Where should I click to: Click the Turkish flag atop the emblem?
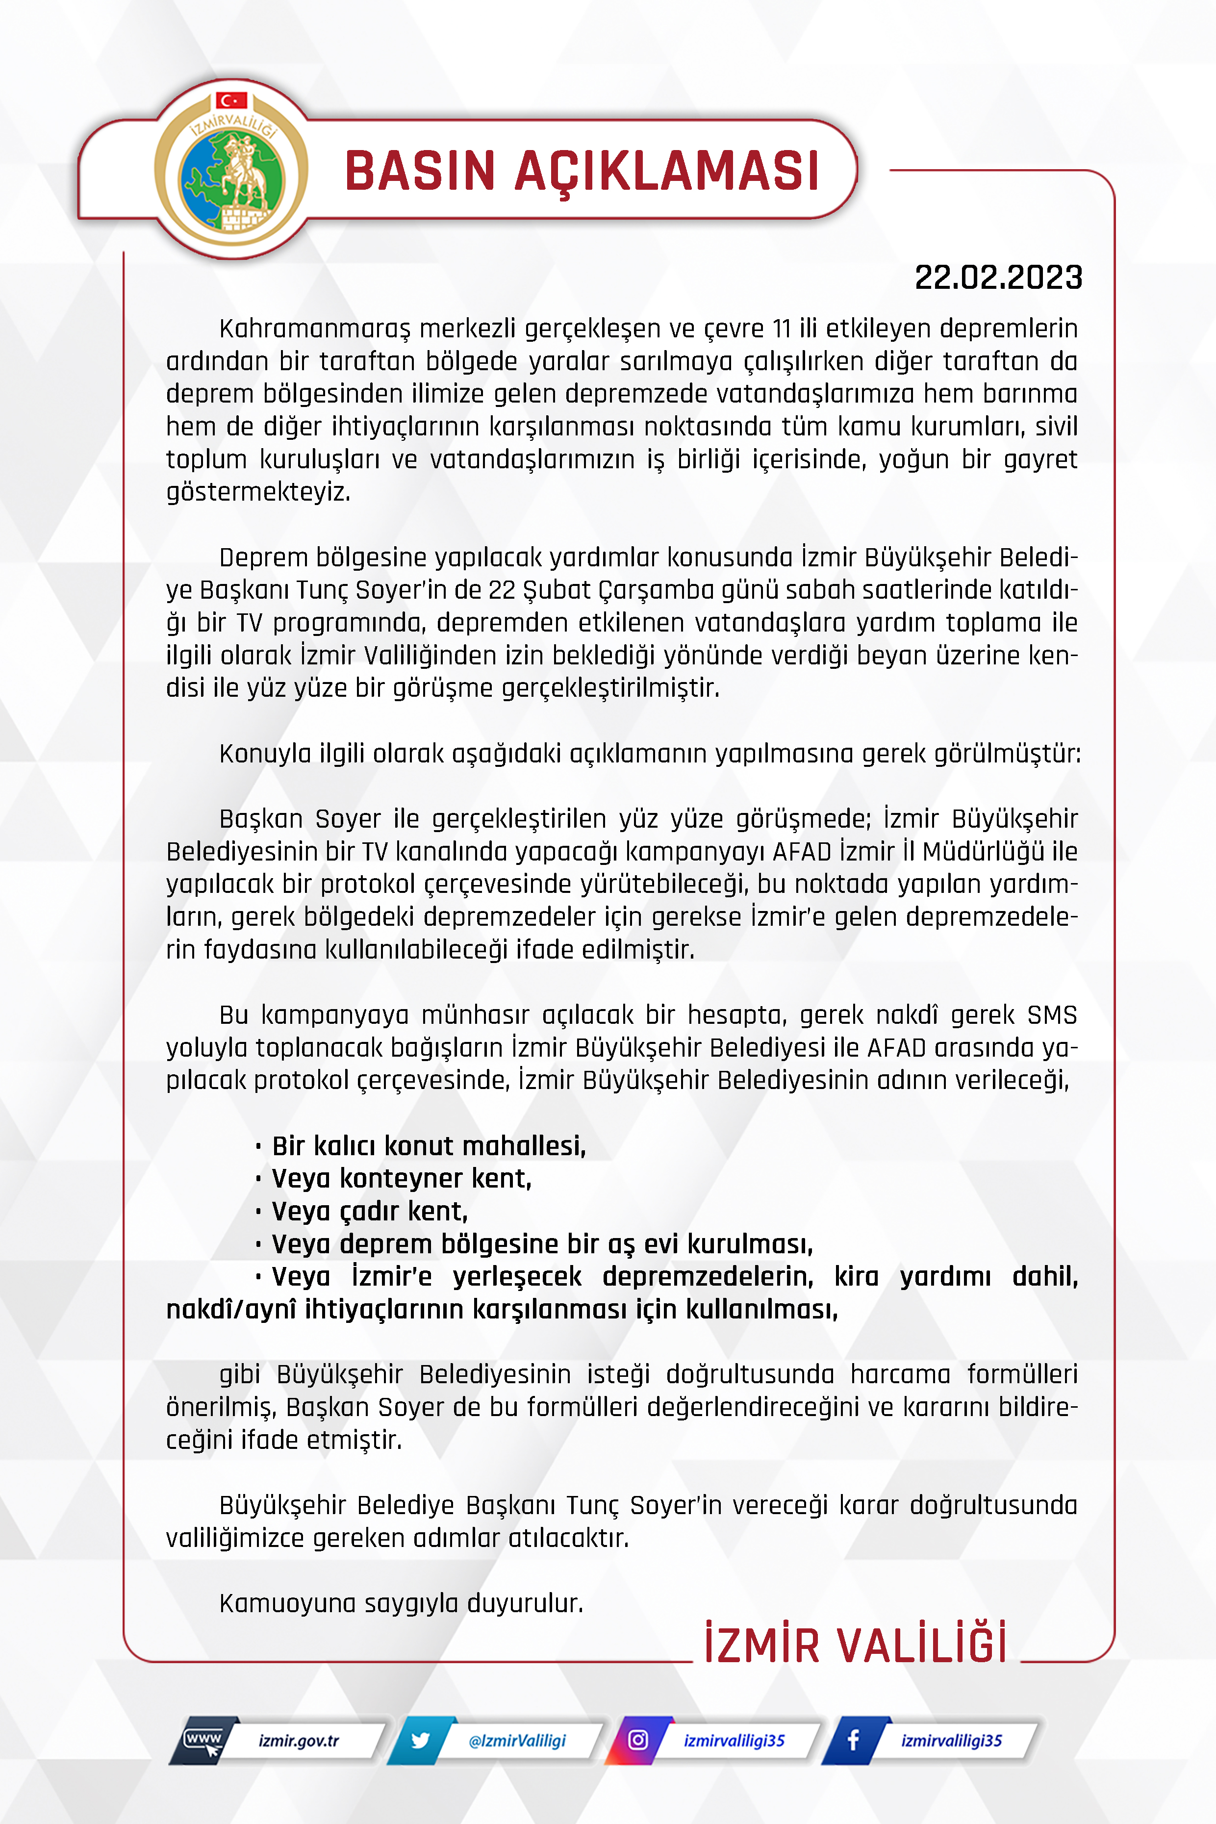click(x=231, y=100)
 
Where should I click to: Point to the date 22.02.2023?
click(x=998, y=278)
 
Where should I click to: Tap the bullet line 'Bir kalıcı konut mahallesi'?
click(x=428, y=1145)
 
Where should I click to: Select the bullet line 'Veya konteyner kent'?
click(x=401, y=1178)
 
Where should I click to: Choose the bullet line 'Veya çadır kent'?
click(x=369, y=1211)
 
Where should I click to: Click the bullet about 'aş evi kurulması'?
click(x=541, y=1243)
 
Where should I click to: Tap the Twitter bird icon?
click(x=420, y=1740)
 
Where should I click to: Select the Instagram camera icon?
click(x=637, y=1740)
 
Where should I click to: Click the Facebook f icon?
click(x=853, y=1740)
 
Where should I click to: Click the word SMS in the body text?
click(x=1052, y=1015)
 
